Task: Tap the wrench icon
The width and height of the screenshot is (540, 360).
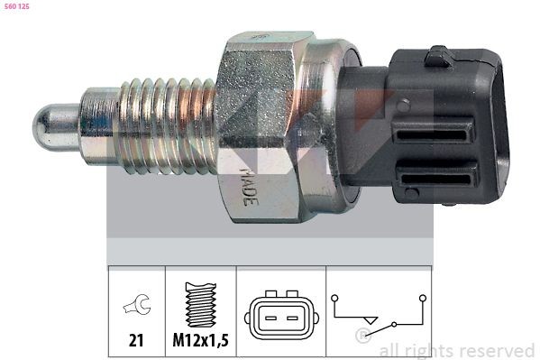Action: (136, 307)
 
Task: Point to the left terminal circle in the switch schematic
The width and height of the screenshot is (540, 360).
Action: (334, 294)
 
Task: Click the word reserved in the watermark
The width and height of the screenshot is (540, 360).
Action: (495, 350)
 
